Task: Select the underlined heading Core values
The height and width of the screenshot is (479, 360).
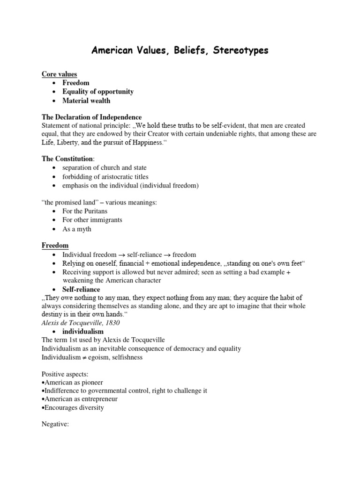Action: [x=60, y=74]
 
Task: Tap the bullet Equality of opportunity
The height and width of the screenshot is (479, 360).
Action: [x=98, y=92]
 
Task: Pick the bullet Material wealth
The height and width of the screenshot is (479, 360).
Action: [x=87, y=101]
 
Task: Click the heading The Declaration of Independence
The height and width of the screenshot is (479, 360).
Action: [x=92, y=117]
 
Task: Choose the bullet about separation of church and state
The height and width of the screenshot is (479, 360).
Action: [x=105, y=168]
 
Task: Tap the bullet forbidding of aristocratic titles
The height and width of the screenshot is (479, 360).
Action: [x=105, y=177]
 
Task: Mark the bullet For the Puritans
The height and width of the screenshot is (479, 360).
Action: [x=85, y=211]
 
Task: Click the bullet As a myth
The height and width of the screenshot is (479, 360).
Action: [x=77, y=229]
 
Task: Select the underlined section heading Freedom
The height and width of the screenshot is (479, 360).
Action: [x=55, y=246]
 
